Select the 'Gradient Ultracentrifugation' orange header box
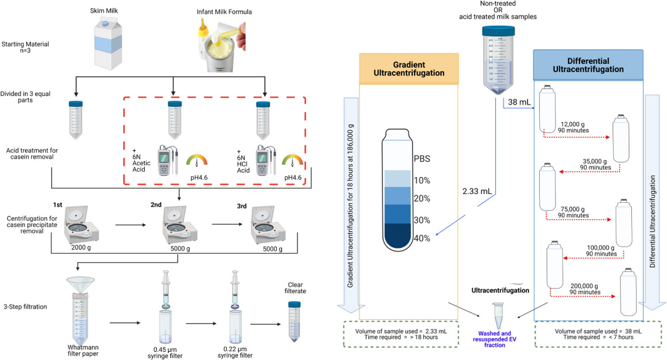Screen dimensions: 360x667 (409, 68)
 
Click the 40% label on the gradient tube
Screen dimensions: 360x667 (421, 239)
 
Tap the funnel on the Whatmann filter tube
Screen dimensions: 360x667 (83, 284)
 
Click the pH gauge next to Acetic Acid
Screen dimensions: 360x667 (199, 162)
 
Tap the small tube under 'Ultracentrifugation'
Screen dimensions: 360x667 (499, 316)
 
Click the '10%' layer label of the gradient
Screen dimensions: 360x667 (421, 180)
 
